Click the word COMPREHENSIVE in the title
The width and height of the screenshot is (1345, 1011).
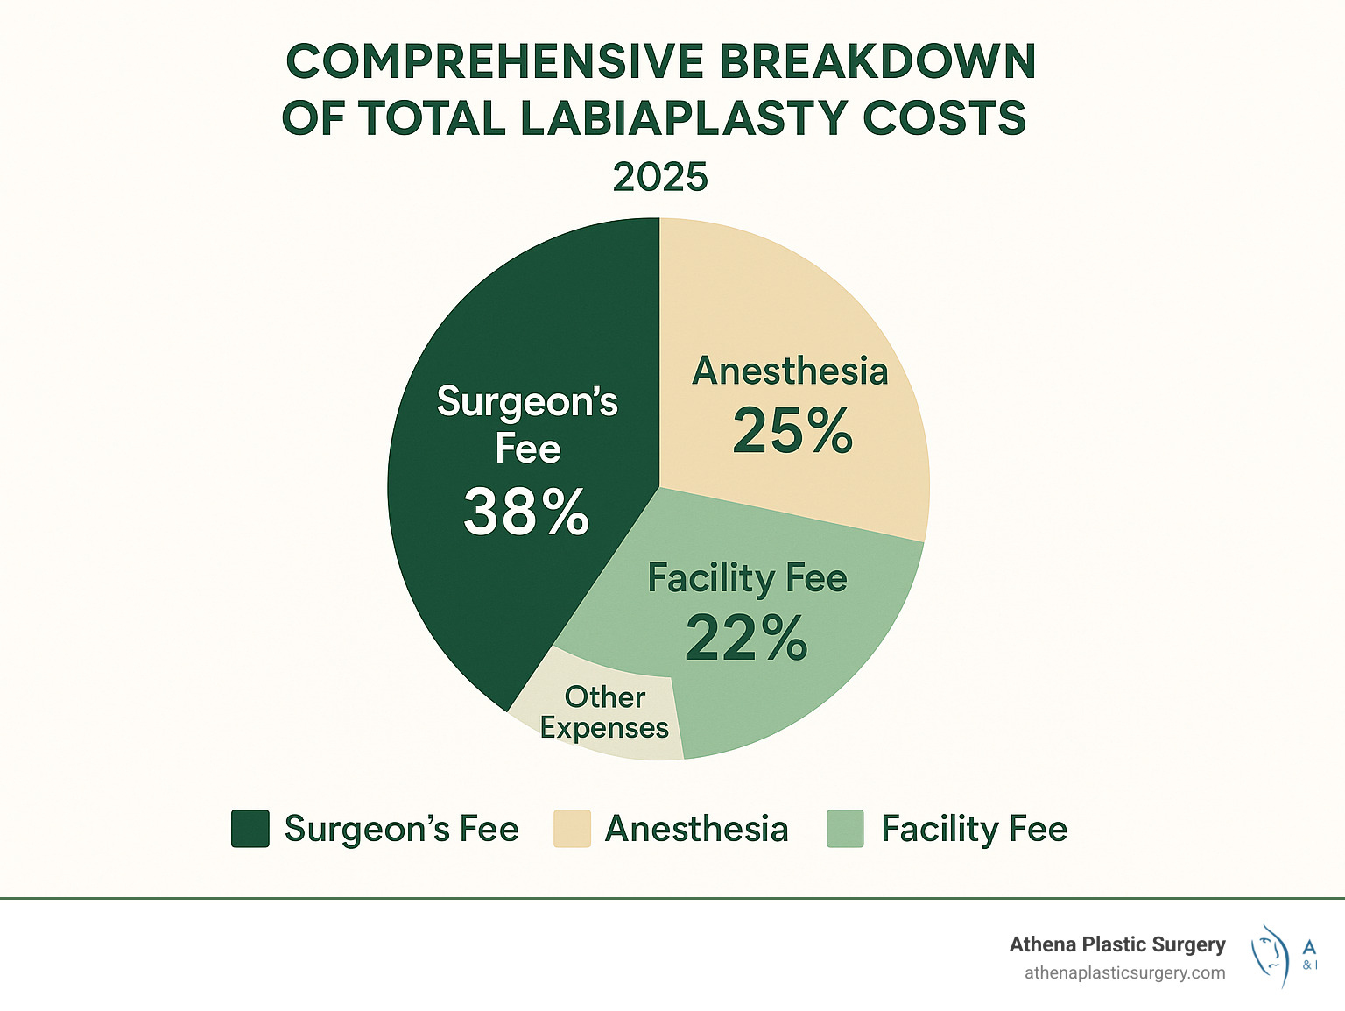pos(495,62)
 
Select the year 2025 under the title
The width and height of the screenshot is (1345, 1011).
pos(660,177)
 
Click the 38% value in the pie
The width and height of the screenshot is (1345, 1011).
pos(526,512)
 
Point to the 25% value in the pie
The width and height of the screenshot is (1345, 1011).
pos(792,430)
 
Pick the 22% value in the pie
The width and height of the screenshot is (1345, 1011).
pos(746,638)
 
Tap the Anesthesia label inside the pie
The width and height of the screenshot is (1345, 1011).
pos(790,371)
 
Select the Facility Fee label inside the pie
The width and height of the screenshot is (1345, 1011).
pos(747,578)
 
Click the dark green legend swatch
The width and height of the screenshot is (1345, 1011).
pos(250,829)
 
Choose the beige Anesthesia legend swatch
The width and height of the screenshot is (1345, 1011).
pos(572,829)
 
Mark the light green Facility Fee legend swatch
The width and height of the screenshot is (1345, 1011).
pos(845,829)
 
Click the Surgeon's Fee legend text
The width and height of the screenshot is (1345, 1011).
pos(402,829)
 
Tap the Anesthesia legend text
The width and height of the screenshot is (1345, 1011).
pos(697,829)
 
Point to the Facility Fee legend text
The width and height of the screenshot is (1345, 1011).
pos(974,829)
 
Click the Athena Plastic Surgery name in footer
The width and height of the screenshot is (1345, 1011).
pos(1117,944)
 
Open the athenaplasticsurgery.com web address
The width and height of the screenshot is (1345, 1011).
pos(1124,972)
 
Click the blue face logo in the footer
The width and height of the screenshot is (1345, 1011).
pos(1271,955)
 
